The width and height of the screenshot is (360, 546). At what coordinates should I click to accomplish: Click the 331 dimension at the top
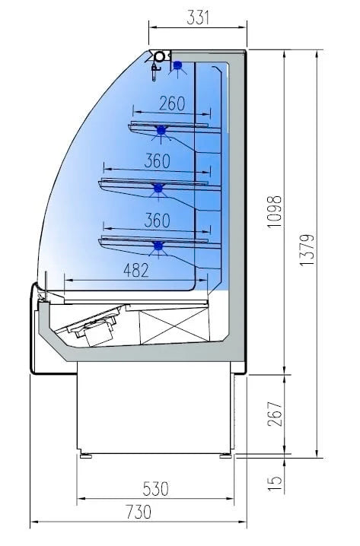coord(198,17)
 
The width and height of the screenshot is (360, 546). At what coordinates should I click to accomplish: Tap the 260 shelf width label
coord(172,103)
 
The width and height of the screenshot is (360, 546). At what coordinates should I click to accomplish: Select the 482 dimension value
coord(136,270)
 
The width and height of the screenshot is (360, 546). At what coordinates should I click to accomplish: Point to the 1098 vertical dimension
coord(275,211)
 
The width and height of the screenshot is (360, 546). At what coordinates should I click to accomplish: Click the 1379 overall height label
coord(307,250)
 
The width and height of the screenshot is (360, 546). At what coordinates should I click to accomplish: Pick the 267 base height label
coord(275,414)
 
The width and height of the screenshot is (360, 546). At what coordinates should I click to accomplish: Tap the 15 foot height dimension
coord(275,483)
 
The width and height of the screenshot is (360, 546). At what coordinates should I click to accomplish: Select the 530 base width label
coord(156,489)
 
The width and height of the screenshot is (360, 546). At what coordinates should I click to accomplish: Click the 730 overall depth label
coord(139,512)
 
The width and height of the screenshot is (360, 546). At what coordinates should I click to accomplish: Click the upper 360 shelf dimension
coord(158,161)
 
